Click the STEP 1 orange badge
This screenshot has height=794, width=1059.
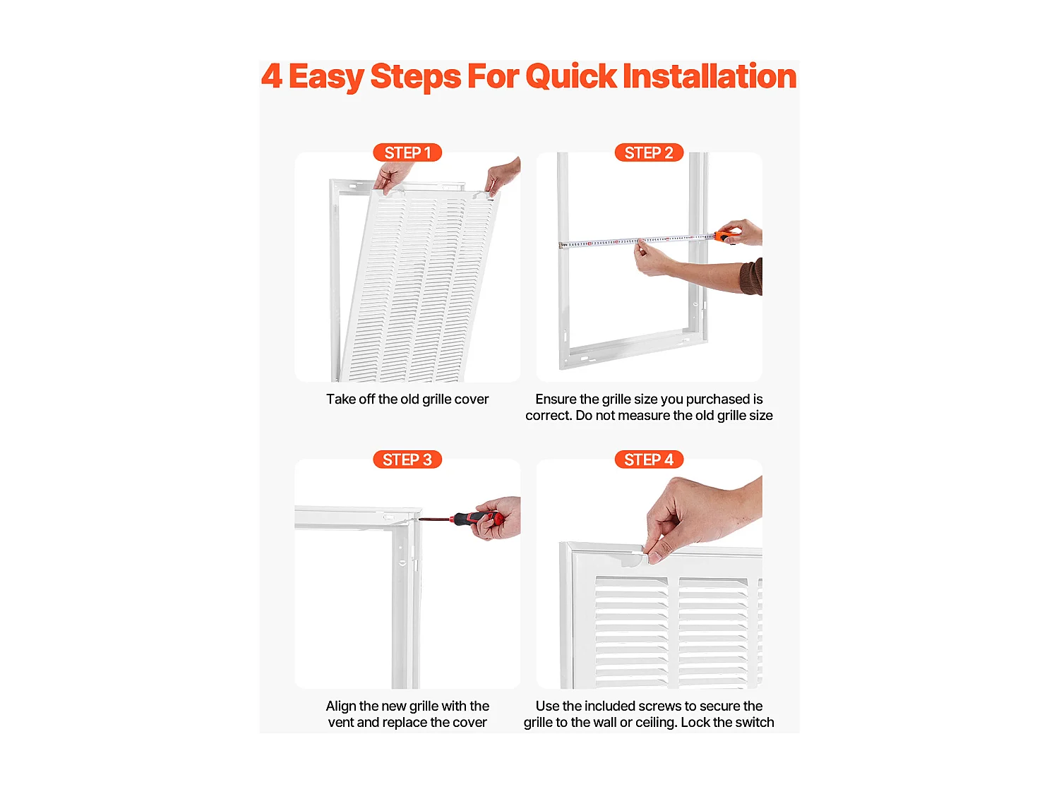click(x=407, y=152)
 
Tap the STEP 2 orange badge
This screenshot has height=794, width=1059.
click(x=648, y=152)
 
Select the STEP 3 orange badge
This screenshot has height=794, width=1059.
click(x=407, y=459)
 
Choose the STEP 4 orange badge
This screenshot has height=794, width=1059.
click(x=648, y=459)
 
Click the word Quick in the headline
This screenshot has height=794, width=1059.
click(x=570, y=76)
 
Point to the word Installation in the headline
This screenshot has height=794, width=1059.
click(x=710, y=76)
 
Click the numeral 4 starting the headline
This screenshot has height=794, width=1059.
click(x=272, y=76)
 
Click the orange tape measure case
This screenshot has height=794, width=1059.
click(x=726, y=236)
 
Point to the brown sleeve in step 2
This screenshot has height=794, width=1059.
click(x=751, y=277)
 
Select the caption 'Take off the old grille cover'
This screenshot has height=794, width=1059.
click(x=407, y=399)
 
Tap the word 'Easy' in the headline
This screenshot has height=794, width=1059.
click(x=326, y=77)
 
